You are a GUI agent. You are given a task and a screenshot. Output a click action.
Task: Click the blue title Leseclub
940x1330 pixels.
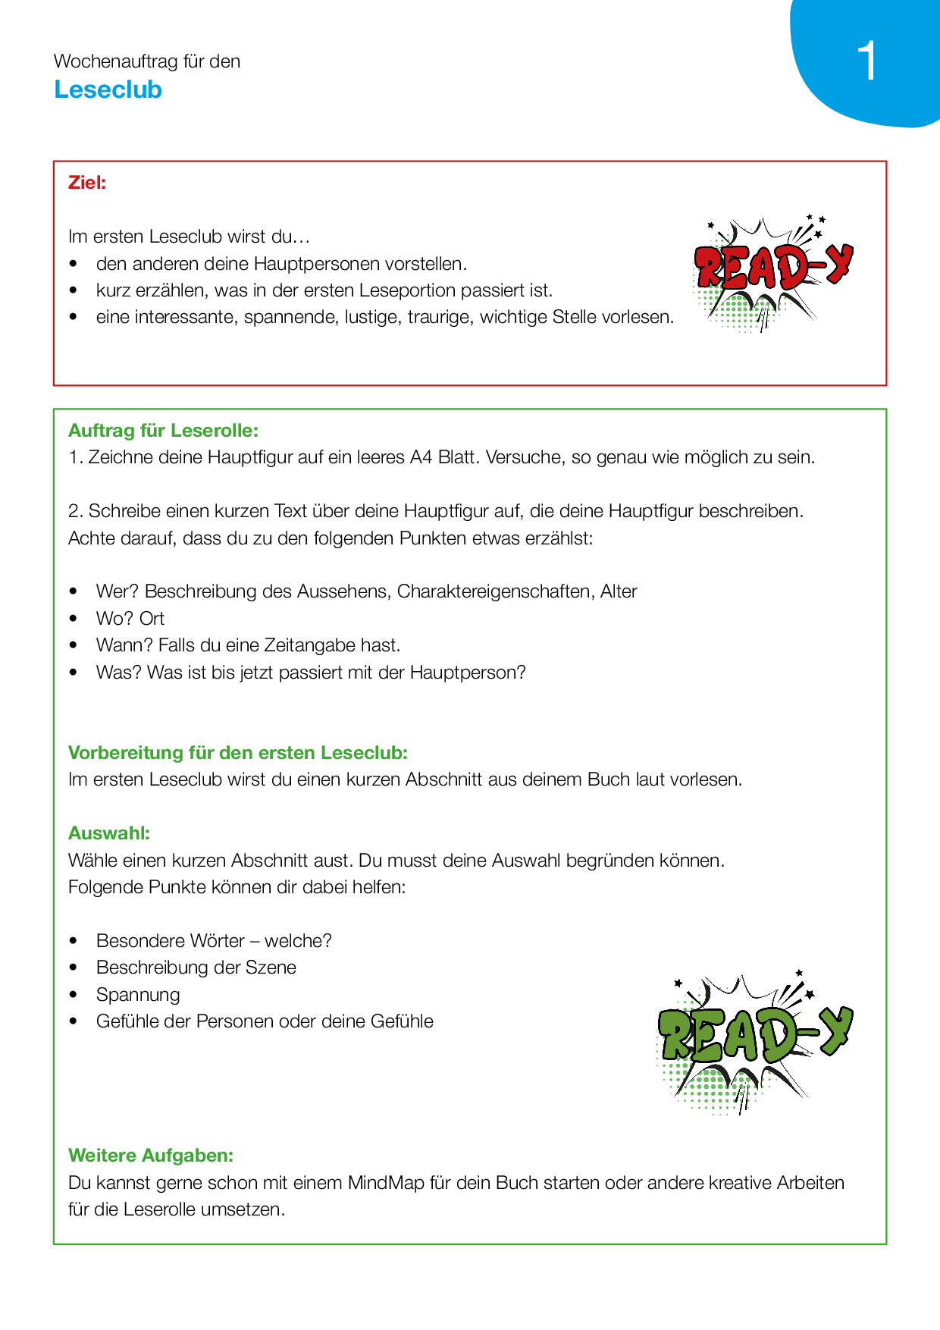pyautogui.click(x=108, y=89)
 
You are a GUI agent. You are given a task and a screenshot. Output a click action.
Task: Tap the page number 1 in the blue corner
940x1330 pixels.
pyautogui.click(x=867, y=61)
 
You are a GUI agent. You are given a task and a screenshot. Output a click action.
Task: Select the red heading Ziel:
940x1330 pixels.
pyautogui.click(x=87, y=183)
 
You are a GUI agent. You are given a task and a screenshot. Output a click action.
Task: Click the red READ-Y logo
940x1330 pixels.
pyautogui.click(x=771, y=271)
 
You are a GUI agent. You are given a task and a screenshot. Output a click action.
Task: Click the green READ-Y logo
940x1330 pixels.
pyautogui.click(x=753, y=1039)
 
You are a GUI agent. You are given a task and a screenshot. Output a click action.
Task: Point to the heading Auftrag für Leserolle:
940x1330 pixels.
pyautogui.click(x=163, y=431)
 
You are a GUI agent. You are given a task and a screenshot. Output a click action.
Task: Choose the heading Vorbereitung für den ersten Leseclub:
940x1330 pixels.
pyautogui.click(x=238, y=753)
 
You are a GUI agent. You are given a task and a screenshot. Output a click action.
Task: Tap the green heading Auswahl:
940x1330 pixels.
pyautogui.click(x=109, y=833)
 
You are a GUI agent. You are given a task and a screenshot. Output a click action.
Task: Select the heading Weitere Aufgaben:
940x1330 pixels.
pyautogui.click(x=151, y=1156)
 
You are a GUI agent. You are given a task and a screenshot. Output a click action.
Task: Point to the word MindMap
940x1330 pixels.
pyautogui.click(x=386, y=1183)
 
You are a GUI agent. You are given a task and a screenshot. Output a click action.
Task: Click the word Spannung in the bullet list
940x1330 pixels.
pyautogui.click(x=138, y=995)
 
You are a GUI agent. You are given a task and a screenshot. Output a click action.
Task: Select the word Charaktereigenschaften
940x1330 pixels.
pyautogui.click(x=496, y=591)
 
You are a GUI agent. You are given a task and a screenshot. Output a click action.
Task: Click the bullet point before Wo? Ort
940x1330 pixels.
pyautogui.click(x=74, y=619)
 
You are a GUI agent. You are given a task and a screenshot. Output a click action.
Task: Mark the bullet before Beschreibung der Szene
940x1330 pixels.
pyautogui.click(x=74, y=968)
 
